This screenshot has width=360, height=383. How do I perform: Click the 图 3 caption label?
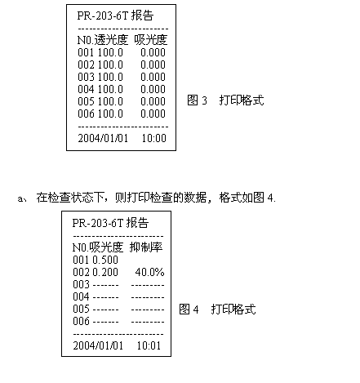(197, 100)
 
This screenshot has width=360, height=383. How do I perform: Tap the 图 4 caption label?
(189, 310)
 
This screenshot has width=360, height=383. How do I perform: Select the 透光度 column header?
(111, 40)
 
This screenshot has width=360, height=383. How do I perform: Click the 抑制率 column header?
(146, 247)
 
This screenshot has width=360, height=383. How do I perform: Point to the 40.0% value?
(149, 272)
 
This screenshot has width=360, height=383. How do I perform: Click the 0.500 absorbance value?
(105, 260)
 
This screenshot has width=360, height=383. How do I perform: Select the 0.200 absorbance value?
(105, 272)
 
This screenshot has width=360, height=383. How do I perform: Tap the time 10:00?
(154, 138)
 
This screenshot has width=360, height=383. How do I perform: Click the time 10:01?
(149, 345)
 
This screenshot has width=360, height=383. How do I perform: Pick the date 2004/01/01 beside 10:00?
(103, 138)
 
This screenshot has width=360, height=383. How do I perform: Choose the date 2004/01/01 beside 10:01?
(98, 345)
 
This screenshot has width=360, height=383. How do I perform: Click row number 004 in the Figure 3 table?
(86, 89)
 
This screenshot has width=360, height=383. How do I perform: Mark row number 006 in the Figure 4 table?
(81, 321)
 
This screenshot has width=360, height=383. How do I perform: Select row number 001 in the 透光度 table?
(86, 52)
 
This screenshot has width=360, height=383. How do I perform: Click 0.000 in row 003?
(153, 77)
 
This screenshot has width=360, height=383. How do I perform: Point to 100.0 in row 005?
(110, 101)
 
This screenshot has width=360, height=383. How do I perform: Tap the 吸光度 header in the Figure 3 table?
(151, 40)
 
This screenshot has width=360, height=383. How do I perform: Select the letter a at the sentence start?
(20, 198)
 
